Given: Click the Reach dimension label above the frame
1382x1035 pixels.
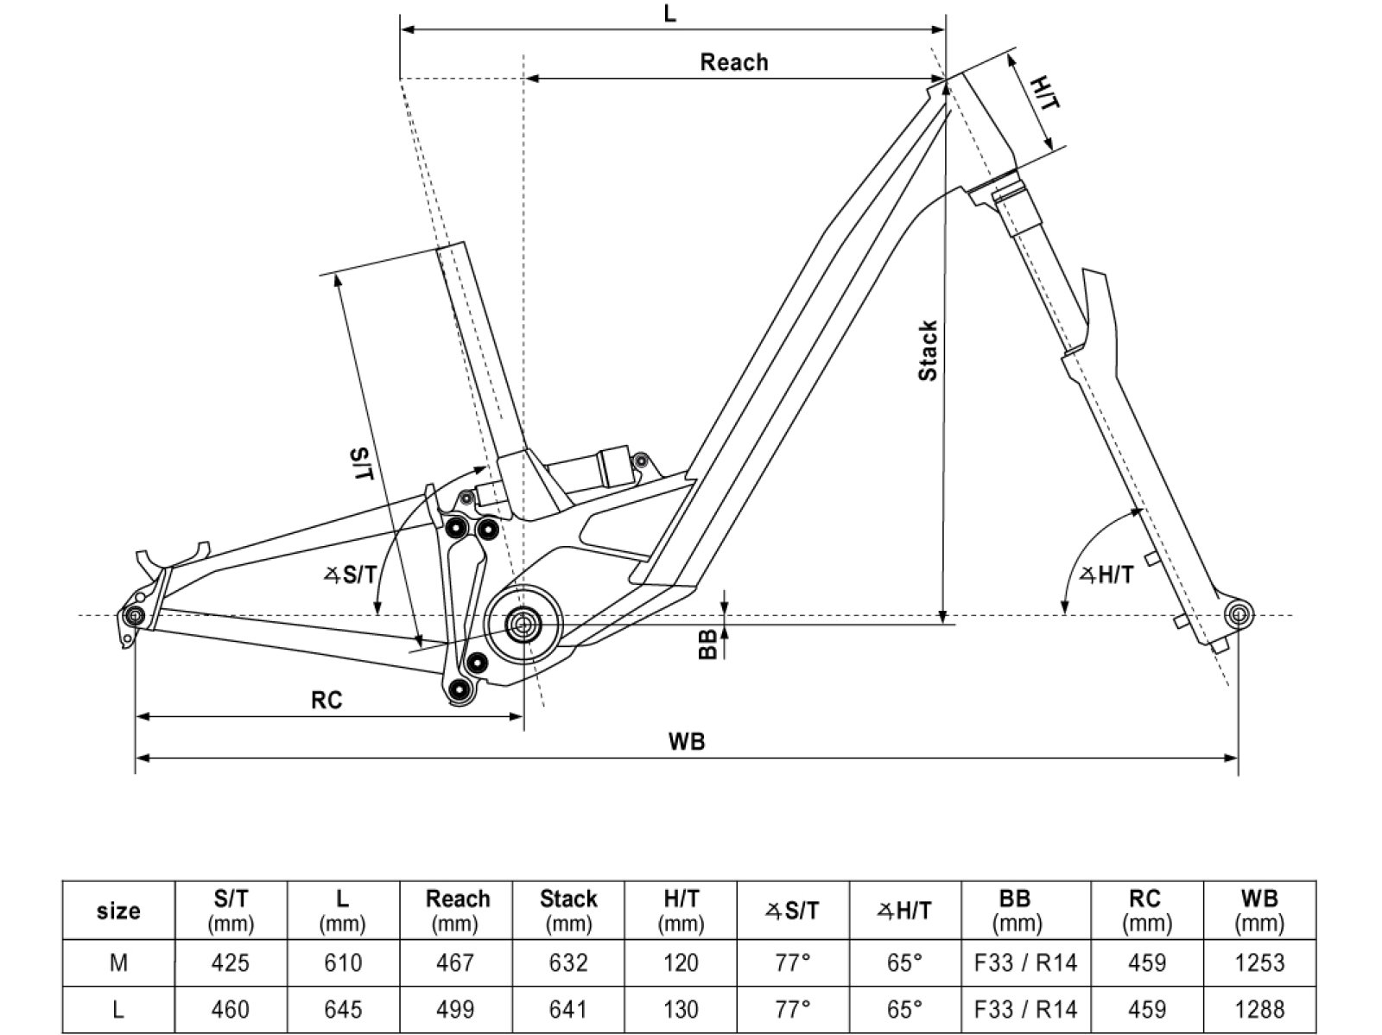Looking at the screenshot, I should click(x=733, y=62).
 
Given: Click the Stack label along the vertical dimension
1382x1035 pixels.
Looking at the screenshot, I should click(x=928, y=351).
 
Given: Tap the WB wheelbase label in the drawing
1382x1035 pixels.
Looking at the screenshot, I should click(x=687, y=740).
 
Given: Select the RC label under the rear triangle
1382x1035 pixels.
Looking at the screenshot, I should click(x=326, y=700).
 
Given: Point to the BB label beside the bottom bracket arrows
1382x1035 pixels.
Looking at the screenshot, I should click(x=708, y=644).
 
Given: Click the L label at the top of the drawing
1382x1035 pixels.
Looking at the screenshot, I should click(x=670, y=14).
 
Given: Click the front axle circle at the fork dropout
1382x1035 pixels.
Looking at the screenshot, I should click(x=1238, y=615).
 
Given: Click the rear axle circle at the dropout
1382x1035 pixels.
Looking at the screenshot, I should click(x=133, y=616).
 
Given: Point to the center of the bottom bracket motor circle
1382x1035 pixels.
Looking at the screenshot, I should click(x=523, y=623).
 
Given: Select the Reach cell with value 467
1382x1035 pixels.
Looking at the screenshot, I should click(x=456, y=962).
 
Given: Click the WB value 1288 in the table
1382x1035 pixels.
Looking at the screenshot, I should click(x=1259, y=1009).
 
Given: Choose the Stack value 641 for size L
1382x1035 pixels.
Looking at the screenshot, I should click(x=568, y=1009).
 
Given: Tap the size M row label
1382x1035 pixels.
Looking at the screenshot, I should click(x=118, y=962).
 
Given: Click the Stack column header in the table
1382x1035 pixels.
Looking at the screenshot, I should click(x=568, y=910).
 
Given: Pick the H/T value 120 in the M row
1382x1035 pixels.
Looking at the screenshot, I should click(x=681, y=962).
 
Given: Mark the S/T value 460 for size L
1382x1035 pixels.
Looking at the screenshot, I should click(x=231, y=1009).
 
